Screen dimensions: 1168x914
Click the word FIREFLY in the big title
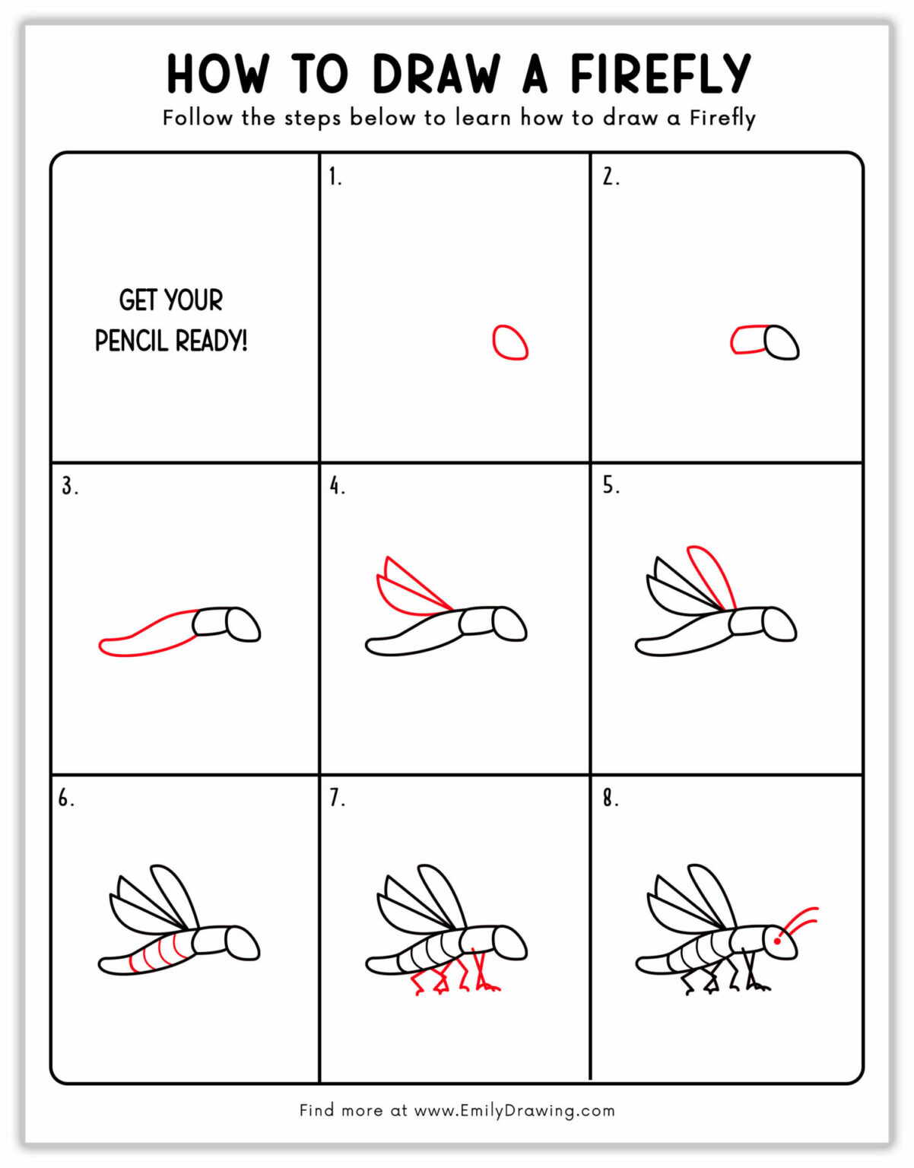coord(660,74)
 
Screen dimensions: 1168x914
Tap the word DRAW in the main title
coord(436,74)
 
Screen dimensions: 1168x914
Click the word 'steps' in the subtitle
coord(313,119)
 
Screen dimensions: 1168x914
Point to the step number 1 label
coord(335,177)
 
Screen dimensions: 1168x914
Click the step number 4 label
coord(337,486)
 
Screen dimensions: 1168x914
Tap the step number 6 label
coord(66,798)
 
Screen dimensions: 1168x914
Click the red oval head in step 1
coord(509,342)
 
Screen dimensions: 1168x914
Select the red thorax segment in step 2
coord(748,340)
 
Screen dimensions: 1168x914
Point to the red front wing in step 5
coord(712,576)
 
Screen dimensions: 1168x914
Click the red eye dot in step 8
coord(777,941)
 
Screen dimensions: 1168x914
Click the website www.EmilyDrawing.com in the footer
coord(514,1110)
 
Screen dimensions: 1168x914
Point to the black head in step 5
coord(779,624)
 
